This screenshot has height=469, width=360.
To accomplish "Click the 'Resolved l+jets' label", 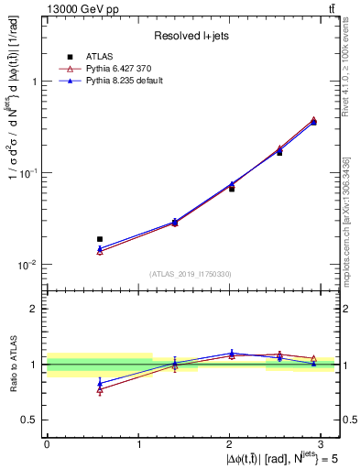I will (191, 35).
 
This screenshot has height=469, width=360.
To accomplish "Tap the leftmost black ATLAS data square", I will (100, 239).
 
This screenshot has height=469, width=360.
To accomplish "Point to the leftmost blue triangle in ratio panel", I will (100, 384).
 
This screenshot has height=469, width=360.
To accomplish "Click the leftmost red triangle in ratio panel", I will (100, 389).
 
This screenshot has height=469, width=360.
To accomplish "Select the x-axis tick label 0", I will (47, 442).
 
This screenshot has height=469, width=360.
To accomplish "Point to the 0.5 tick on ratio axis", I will (32, 420).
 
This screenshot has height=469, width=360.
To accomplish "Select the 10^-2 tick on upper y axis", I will (27, 265).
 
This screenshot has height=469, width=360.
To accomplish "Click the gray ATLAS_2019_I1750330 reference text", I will (190, 274).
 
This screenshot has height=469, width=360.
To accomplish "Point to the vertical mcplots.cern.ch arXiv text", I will (346, 220).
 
